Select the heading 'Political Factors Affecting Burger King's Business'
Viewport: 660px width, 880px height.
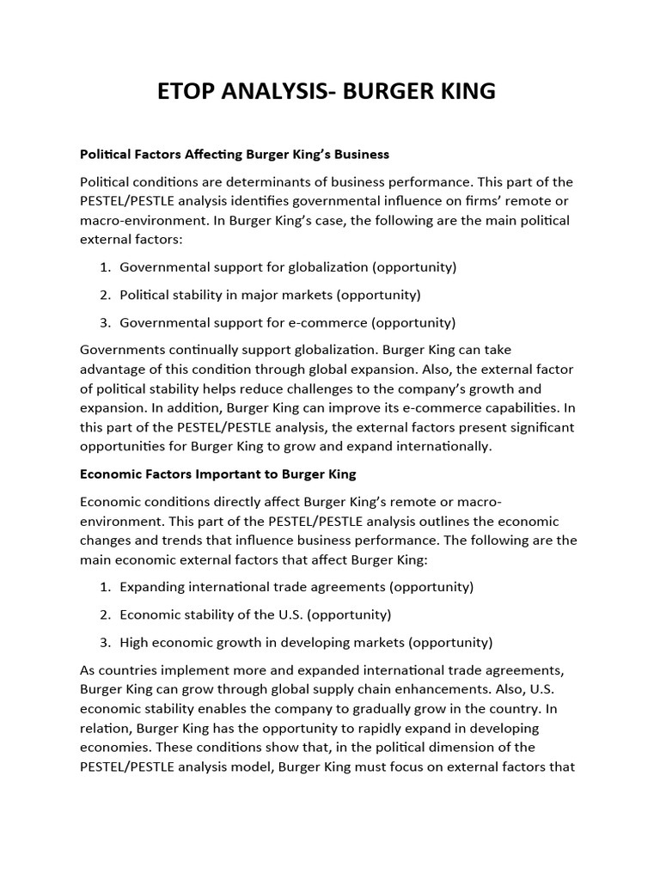pyautogui.click(x=235, y=155)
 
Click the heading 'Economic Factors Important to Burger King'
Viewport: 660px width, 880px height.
pyautogui.click(x=217, y=474)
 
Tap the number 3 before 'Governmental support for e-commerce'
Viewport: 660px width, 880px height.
pyautogui.click(x=104, y=323)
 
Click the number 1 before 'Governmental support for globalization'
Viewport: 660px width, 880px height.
pyautogui.click(x=104, y=267)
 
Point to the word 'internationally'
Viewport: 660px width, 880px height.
pyautogui.click(x=444, y=446)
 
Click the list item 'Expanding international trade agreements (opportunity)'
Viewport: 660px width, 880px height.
pyautogui.click(x=296, y=587)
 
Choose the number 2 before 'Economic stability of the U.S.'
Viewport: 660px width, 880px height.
pyautogui.click(x=104, y=615)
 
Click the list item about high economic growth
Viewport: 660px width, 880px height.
pyautogui.click(x=306, y=643)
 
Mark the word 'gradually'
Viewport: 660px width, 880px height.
pyautogui.click(x=405, y=709)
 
